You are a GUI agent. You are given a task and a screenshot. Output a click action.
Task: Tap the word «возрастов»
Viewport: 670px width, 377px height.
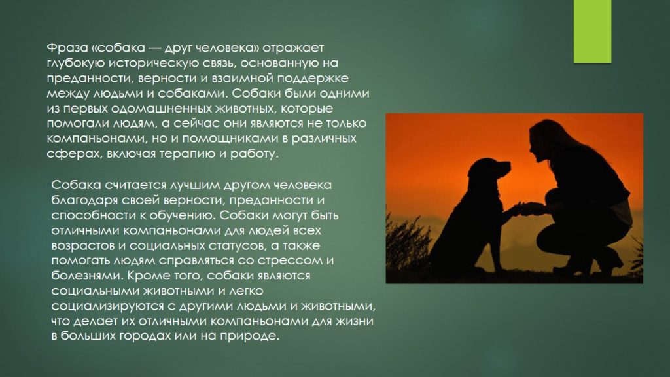81,245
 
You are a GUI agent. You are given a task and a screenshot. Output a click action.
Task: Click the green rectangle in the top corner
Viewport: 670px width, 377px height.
591,31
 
